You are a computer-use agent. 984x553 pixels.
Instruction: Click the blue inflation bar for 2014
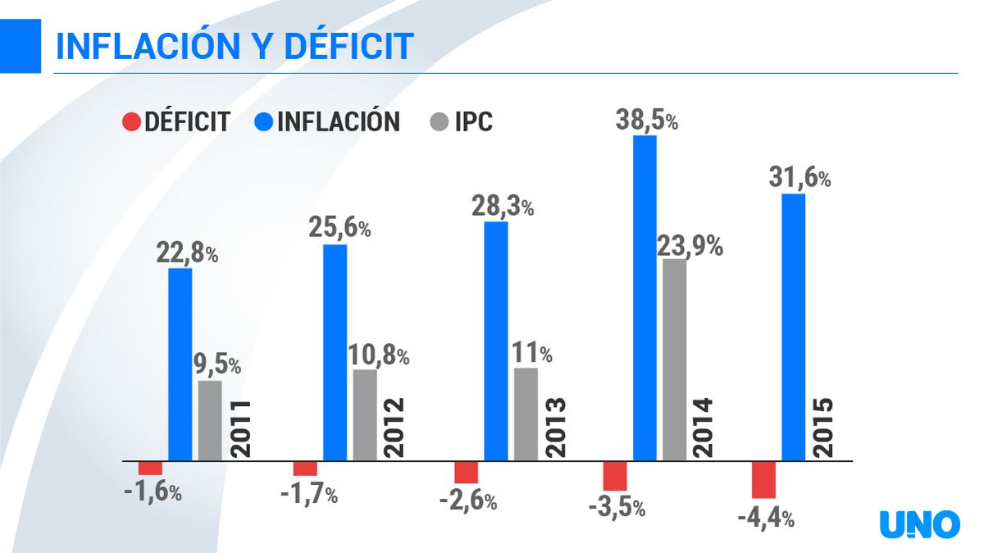click(x=645, y=298)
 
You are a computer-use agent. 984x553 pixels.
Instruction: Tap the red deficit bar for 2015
click(x=763, y=479)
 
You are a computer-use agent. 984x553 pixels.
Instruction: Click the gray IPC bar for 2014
click(x=675, y=359)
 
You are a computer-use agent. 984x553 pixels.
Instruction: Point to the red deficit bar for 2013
click(x=467, y=472)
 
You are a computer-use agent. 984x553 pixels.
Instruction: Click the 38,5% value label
click(x=646, y=120)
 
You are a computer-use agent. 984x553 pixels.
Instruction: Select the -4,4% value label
click(x=765, y=518)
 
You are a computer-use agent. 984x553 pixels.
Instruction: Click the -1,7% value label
click(x=308, y=495)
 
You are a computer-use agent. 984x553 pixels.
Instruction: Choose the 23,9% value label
click(x=690, y=245)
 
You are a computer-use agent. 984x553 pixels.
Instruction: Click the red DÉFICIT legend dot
click(x=132, y=122)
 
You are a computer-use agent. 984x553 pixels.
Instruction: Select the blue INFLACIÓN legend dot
click(x=264, y=122)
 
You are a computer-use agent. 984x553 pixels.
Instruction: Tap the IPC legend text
click(x=473, y=122)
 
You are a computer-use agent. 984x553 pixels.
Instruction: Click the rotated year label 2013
click(x=556, y=427)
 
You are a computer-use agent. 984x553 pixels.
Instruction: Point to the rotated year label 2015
click(x=821, y=427)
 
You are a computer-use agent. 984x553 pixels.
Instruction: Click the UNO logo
click(x=919, y=524)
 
